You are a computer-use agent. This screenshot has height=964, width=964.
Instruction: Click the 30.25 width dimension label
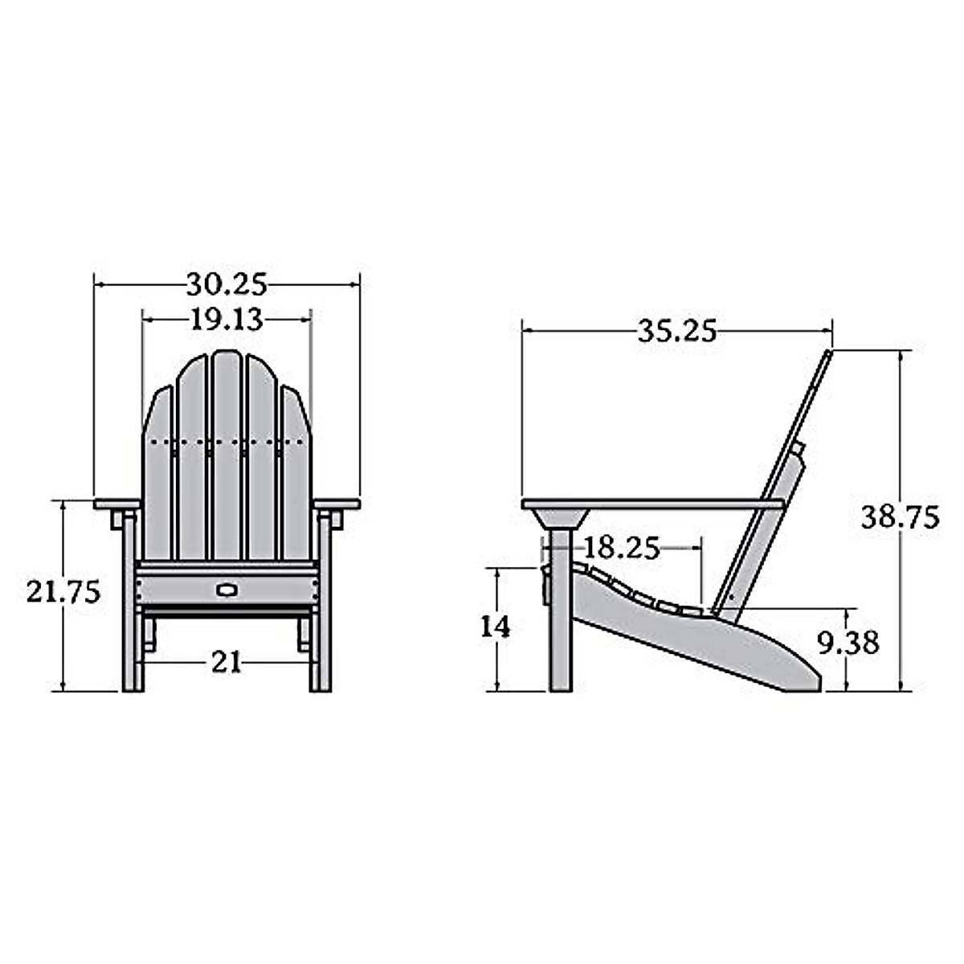[x=227, y=284]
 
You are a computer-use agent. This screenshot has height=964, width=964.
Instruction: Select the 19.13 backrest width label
[x=227, y=320]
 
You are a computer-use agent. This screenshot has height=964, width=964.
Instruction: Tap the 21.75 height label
[x=63, y=593]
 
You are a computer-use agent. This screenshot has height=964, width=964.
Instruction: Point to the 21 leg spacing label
[x=227, y=662]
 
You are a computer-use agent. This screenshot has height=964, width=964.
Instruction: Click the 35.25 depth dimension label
[x=676, y=331]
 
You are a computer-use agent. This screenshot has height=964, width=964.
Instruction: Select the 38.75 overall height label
[x=900, y=517]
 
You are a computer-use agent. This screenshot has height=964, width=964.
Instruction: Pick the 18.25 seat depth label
[x=621, y=549]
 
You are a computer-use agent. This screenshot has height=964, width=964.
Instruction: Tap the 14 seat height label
[x=495, y=627]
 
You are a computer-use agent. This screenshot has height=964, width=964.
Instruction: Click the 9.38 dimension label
[x=848, y=643]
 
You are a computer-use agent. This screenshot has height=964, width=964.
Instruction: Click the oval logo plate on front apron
[x=227, y=590]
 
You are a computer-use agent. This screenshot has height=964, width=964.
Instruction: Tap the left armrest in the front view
[x=117, y=504]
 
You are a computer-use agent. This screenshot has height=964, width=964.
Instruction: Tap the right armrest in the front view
[x=337, y=504]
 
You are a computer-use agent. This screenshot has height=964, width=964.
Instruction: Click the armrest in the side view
[x=651, y=504]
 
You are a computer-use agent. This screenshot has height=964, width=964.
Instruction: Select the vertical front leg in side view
[x=561, y=627]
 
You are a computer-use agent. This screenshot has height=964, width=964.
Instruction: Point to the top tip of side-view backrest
[x=827, y=353]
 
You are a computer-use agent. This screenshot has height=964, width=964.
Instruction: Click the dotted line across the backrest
[x=227, y=441]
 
